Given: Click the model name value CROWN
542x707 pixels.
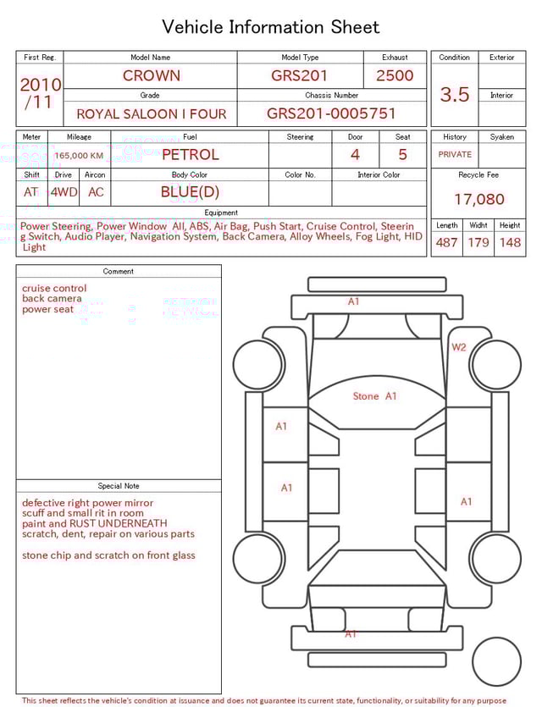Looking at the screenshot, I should (151, 75).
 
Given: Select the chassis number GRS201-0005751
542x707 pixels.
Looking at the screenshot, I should (331, 113).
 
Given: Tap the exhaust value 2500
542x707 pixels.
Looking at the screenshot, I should (395, 75).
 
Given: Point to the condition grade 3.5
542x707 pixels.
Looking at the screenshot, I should (455, 95).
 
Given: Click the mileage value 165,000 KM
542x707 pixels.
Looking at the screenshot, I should (79, 156).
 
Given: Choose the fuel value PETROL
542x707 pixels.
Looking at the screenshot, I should (191, 155).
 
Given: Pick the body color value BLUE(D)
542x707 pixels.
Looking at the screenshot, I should (190, 192).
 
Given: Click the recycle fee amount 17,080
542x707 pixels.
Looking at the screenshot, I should (478, 200).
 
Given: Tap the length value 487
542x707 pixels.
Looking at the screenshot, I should (446, 243).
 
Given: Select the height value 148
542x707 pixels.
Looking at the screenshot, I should (510, 243).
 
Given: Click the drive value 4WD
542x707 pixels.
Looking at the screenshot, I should (64, 192).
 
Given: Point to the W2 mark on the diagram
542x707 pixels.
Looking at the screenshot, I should (458, 347).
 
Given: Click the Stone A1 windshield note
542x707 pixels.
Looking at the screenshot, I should (374, 396).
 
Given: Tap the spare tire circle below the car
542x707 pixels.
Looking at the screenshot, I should (496, 661).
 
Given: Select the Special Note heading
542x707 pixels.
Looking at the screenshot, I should (119, 486).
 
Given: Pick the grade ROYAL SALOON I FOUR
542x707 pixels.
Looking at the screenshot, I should (152, 113).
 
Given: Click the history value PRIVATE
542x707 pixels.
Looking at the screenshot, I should (455, 155).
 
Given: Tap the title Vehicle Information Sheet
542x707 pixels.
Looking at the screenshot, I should (271, 27).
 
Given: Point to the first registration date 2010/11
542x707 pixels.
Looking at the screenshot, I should (40, 93).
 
